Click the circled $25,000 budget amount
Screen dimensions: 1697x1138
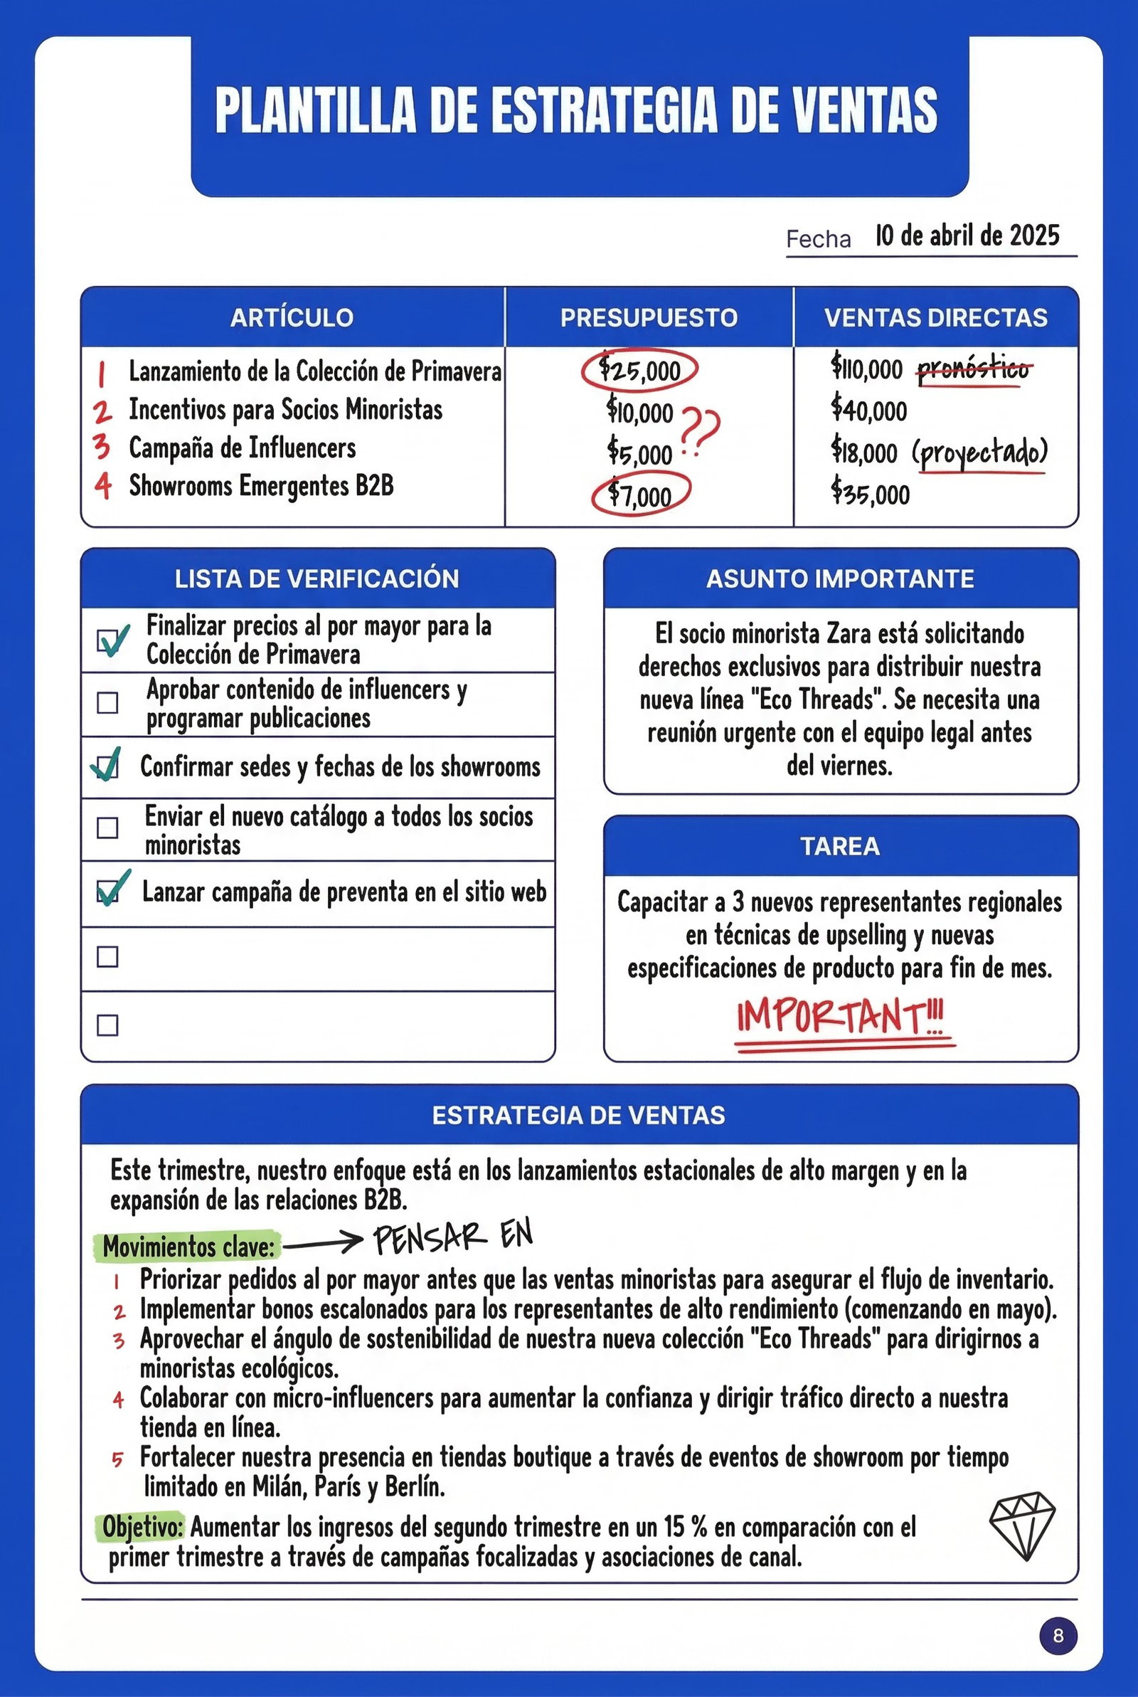tap(639, 370)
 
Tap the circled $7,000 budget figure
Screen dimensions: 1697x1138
tap(640, 496)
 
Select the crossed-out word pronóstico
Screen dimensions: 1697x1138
tap(972, 370)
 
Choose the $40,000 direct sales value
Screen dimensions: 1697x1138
tap(869, 411)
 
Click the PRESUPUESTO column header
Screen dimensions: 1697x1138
tap(649, 318)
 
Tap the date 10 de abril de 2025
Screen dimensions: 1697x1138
tap(967, 236)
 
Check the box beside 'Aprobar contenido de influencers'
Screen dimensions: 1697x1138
tap(107, 702)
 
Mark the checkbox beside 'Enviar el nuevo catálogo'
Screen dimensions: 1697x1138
tap(107, 828)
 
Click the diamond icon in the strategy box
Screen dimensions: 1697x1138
tap(1023, 1525)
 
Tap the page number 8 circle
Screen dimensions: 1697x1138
tap(1058, 1635)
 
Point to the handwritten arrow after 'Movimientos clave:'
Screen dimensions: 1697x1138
tap(323, 1243)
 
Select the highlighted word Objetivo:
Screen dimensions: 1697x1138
tap(142, 1527)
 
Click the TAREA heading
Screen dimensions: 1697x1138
tap(841, 846)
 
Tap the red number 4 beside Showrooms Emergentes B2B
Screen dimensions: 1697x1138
tap(103, 485)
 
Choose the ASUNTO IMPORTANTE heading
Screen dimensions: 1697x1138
tap(841, 579)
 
